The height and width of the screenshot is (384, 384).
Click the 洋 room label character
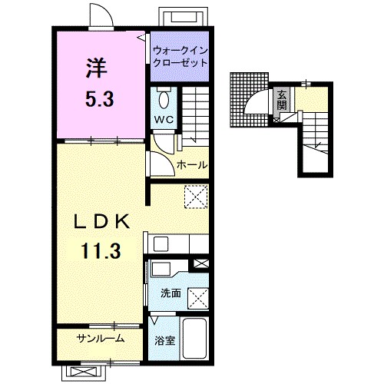coord(96,68)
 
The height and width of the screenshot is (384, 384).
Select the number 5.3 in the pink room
coord(100,99)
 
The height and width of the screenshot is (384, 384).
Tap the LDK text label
coord(101,222)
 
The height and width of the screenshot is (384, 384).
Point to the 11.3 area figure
coord(101,251)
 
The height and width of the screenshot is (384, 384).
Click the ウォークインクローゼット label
coord(180,57)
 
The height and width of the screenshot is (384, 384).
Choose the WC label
coord(164,120)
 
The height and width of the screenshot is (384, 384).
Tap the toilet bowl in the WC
coord(164,100)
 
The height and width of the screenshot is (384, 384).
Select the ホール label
coord(192,164)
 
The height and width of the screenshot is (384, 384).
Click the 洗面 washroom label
coord(170,293)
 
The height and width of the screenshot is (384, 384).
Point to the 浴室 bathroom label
coord(165,340)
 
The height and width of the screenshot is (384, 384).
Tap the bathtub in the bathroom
coord(195,338)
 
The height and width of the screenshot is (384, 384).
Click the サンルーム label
coord(101,339)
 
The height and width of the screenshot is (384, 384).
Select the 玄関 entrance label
coord(282,100)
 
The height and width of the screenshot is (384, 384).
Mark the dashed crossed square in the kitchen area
coord(196,197)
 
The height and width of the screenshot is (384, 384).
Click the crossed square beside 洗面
coord(198,299)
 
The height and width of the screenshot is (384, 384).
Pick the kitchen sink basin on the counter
coord(161,244)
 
